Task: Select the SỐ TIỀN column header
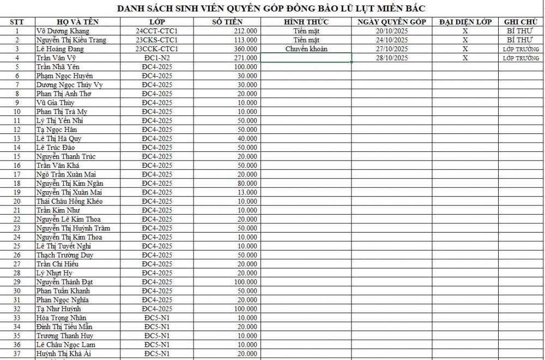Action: pyautogui.click(x=227, y=22)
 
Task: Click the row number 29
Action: pyautogui.click(x=17, y=282)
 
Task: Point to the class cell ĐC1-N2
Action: pyautogui.click(x=157, y=58)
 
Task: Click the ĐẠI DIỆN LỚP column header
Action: pyautogui.click(x=465, y=22)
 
